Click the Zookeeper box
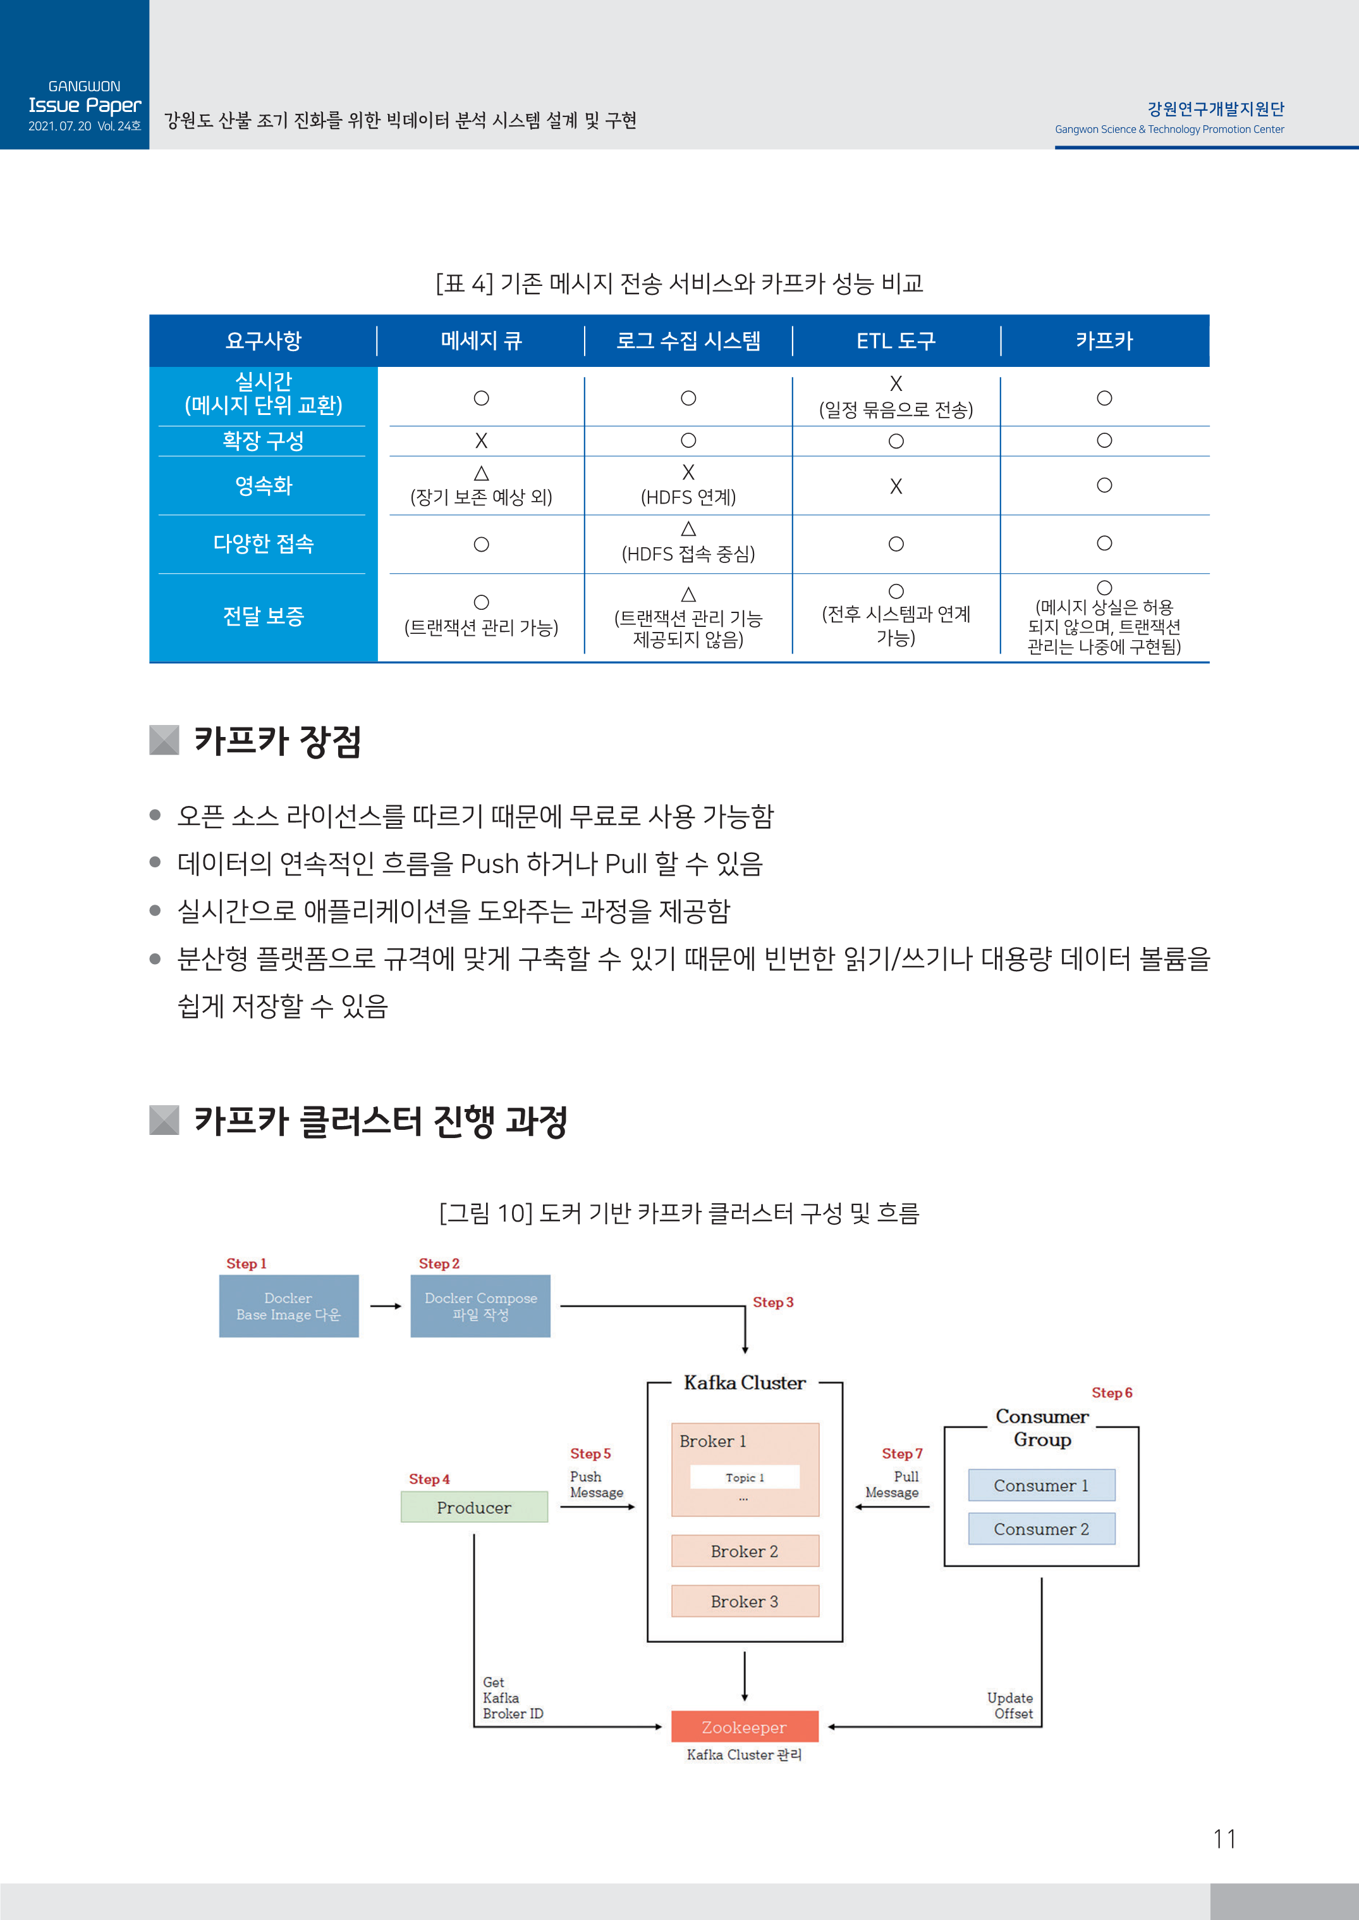(744, 1726)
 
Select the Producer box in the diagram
(473, 1507)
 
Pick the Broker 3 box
(745, 1602)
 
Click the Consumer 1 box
(1041, 1485)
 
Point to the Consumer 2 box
(1041, 1529)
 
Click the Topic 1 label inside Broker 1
(745, 1478)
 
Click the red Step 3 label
(772, 1302)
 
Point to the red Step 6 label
(1111, 1392)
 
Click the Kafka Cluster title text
(745, 1382)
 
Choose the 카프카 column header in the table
(1104, 341)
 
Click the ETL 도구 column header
(896, 341)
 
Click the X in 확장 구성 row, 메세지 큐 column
(481, 440)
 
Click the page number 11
(1224, 1839)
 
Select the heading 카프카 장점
(277, 741)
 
